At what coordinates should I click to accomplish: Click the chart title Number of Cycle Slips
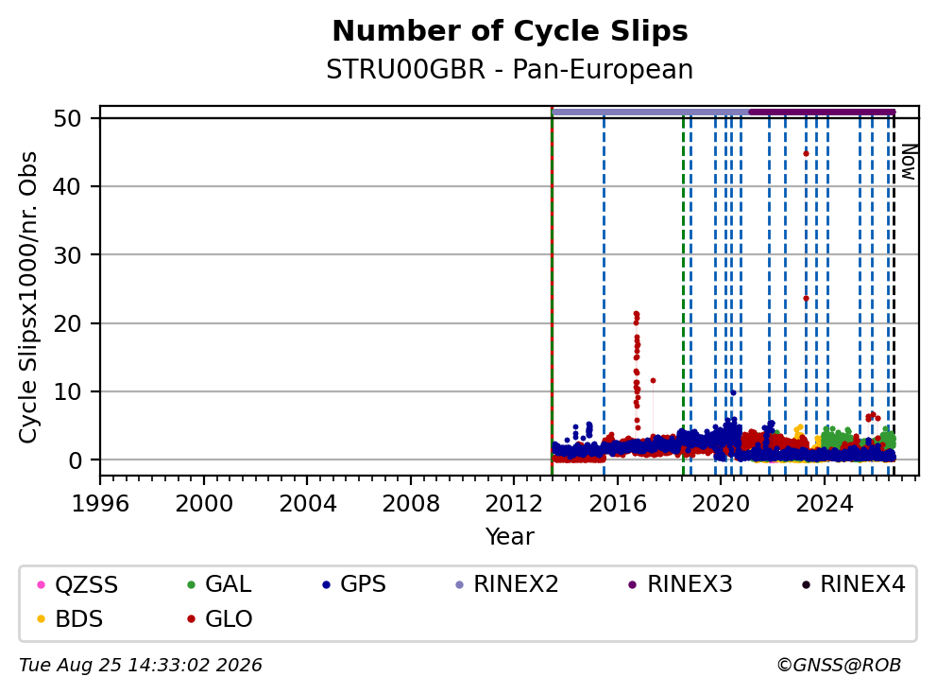510,31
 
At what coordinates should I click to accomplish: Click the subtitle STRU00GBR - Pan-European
510,69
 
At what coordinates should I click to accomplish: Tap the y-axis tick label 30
67,255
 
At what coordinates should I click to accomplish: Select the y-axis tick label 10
67,392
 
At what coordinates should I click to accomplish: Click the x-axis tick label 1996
100,504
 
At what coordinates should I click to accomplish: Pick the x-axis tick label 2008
411,504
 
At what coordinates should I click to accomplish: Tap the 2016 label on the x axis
618,504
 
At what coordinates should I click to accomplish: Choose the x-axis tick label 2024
825,504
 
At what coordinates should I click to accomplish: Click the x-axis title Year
510,537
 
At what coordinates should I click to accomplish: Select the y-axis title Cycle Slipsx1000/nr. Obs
28,297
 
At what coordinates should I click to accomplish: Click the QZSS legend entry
77,584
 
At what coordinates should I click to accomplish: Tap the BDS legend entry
70,619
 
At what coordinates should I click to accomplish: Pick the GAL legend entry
219,584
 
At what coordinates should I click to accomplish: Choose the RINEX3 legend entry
681,584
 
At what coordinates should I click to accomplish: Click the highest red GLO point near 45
806,154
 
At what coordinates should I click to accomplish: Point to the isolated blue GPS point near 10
733,392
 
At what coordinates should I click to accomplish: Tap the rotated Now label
909,162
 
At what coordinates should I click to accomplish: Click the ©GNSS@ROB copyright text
839,666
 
